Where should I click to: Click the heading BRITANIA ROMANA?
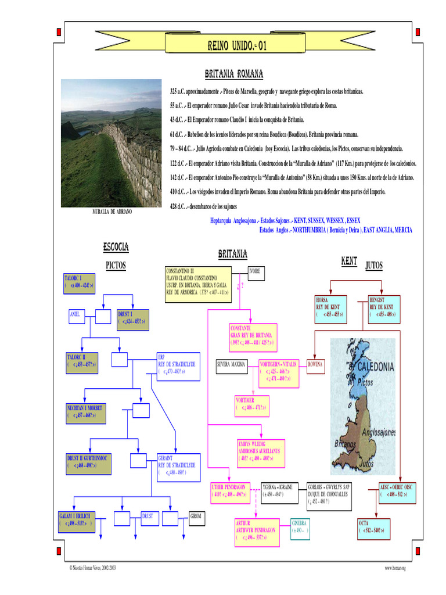click(x=234, y=74)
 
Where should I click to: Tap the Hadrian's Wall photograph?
click(x=111, y=143)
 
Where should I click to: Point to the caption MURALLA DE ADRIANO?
click(x=112, y=212)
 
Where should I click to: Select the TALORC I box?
click(x=79, y=282)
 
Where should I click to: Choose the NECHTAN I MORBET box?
click(x=86, y=411)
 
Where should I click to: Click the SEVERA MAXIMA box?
click(x=232, y=365)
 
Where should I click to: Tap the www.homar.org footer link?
click(x=394, y=568)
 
